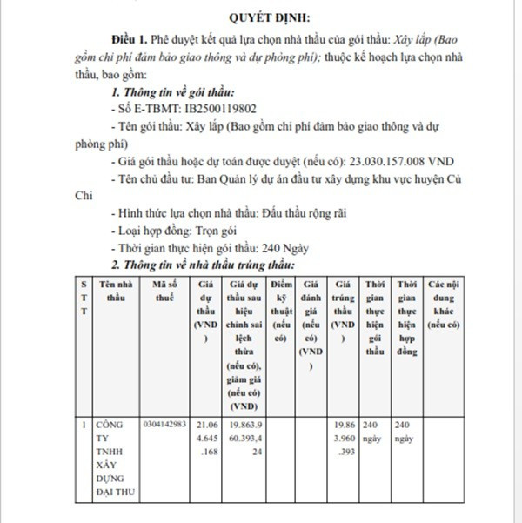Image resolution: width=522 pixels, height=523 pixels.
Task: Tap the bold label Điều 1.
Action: pos(130,40)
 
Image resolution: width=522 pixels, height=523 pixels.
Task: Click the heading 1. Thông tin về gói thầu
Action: pos(172,91)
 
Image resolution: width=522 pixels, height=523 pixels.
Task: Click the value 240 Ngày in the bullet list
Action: pos(286,248)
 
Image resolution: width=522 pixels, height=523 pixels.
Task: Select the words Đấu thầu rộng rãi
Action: pos(298,213)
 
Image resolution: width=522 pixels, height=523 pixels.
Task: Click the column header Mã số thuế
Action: pos(167,291)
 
